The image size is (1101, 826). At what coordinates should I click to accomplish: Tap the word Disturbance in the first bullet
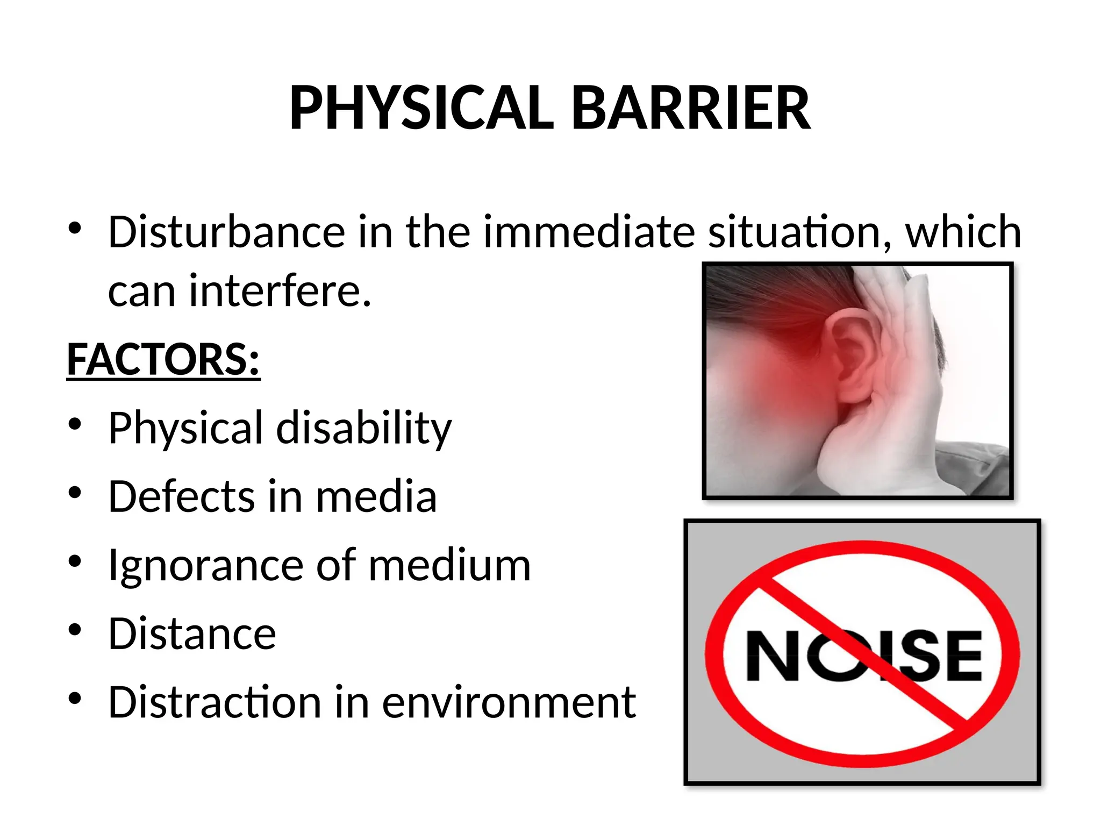[226, 232]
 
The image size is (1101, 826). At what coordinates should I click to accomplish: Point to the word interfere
[280, 291]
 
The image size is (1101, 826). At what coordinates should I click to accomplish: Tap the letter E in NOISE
[960, 656]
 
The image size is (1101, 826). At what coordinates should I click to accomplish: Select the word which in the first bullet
[963, 232]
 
